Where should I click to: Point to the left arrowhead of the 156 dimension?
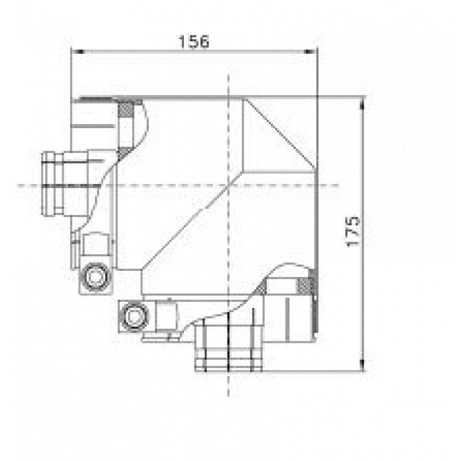75,51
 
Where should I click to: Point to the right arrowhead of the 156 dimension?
313,51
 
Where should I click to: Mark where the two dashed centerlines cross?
229,185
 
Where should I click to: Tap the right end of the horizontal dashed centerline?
339,185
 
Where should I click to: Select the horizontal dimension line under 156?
194,51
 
